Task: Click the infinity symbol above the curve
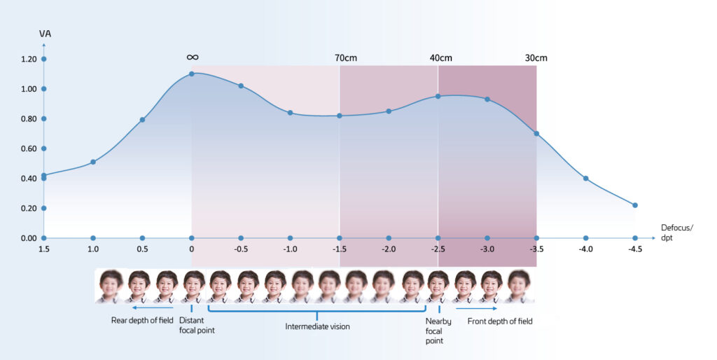[x=193, y=57]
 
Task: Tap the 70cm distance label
[x=347, y=57]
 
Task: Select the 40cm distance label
[x=441, y=57]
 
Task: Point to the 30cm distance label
[x=536, y=57]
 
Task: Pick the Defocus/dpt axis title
[x=675, y=233]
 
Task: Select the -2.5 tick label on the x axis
[x=438, y=250]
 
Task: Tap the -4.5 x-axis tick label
[x=635, y=250]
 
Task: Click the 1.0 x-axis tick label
[x=92, y=250]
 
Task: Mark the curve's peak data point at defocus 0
[x=192, y=74]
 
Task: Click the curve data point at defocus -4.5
[x=635, y=205]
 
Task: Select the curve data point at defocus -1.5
[x=340, y=116]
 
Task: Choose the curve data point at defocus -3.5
[x=536, y=134]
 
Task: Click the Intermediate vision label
[x=316, y=326]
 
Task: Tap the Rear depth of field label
[x=142, y=321]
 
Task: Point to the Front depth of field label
[x=500, y=321]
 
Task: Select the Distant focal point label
[x=197, y=325]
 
